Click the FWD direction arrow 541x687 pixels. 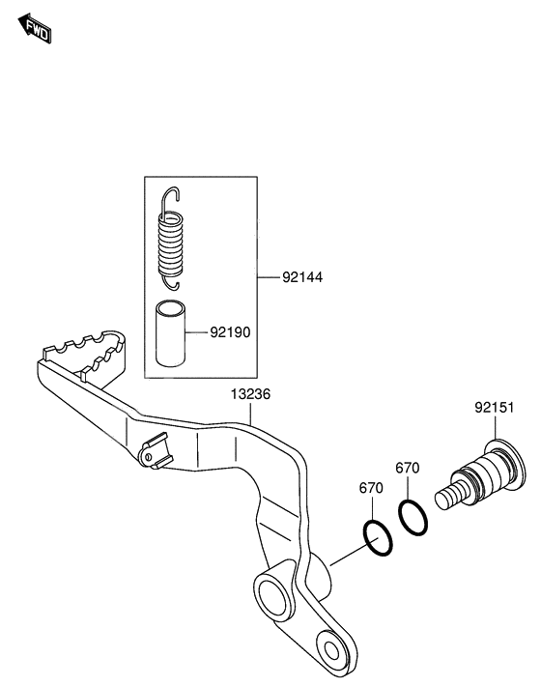[35, 28]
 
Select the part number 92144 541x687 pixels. [302, 277]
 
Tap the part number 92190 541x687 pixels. [231, 332]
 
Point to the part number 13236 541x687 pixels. [250, 394]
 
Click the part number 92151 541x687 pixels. [495, 408]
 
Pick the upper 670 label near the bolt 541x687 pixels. [408, 468]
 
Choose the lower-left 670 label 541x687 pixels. [371, 488]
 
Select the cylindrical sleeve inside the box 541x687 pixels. [170, 333]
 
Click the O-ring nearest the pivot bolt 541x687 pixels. [413, 517]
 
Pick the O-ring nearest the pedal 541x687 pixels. [378, 538]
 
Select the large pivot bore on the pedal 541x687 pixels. [272, 596]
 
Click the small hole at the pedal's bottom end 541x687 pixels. [332, 650]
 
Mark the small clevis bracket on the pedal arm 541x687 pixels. [155, 452]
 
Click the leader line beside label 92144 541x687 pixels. [269, 277]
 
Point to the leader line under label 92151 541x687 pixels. [496, 428]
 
